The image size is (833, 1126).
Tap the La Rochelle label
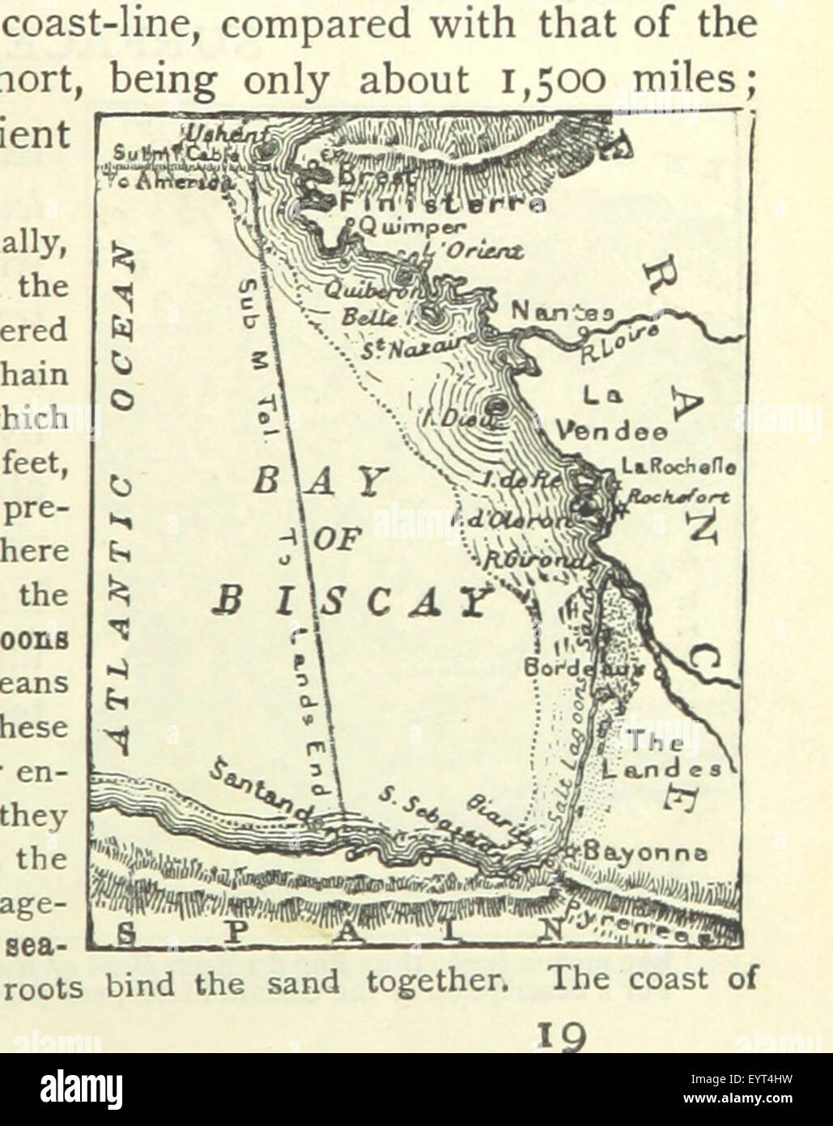click(x=678, y=467)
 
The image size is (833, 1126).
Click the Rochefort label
click(x=678, y=496)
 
